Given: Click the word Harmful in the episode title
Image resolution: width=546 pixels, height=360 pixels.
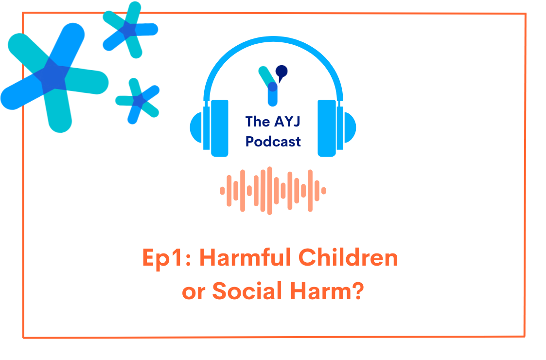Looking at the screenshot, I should pyautogui.click(x=246, y=258).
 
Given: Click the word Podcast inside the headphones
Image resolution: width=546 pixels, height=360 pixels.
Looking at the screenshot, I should pyautogui.click(x=273, y=142).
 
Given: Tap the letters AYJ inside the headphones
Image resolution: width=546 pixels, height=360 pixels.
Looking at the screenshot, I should pyautogui.click(x=286, y=121).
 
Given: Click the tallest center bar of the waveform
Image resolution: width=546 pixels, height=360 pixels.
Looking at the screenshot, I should pyautogui.click(x=269, y=190).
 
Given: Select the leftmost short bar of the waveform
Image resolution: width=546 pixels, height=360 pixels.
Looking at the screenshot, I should pyautogui.click(x=223, y=190).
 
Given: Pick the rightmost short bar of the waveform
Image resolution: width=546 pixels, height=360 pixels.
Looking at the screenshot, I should pyautogui.click(x=323, y=190).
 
